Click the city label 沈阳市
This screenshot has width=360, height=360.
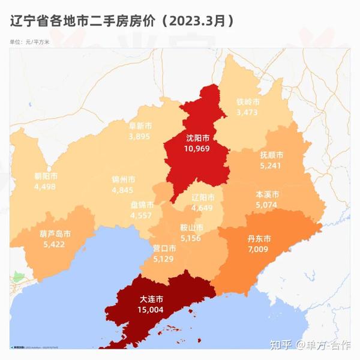tap(197, 137)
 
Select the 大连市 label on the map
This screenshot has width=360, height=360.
tap(152, 298)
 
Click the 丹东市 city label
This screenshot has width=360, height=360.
tap(259, 238)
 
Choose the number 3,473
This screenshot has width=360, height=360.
tap(247, 112)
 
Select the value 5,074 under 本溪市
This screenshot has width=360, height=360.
tap(268, 205)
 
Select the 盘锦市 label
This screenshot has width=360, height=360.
tap(142, 204)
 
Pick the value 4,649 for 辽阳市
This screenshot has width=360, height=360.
tap(202, 208)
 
